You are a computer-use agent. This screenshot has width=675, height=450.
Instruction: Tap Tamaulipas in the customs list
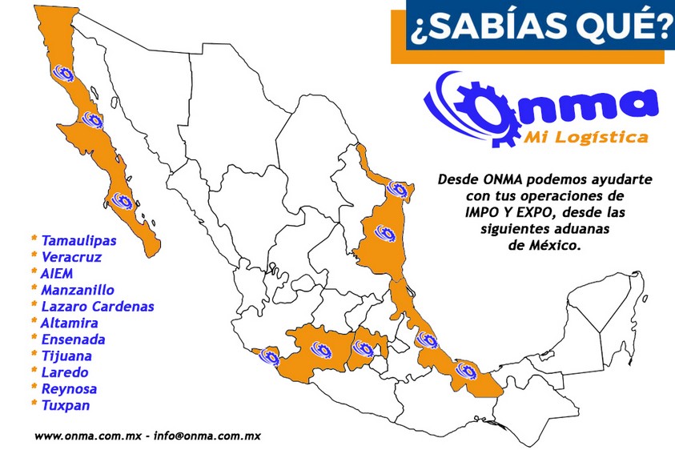coord(78,240)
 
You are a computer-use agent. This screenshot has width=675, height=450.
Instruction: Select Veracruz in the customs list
coord(71,257)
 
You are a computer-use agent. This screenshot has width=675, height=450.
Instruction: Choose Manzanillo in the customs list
coord(77,290)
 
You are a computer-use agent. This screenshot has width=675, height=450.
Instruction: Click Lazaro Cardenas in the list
coord(97,307)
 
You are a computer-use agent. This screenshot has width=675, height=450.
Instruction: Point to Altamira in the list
coord(70,323)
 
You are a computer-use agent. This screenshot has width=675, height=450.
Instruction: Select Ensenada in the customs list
coord(73,340)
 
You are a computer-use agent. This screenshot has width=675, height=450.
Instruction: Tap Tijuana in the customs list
coord(66,356)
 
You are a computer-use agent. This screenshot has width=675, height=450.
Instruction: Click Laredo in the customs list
coord(64,372)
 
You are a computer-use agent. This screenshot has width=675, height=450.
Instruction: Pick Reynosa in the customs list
coord(69,388)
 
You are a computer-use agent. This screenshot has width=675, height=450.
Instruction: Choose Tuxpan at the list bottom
coord(66,405)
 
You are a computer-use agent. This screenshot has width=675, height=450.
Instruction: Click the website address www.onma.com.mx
coord(88,437)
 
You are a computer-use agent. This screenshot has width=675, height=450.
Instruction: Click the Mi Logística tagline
coord(585,139)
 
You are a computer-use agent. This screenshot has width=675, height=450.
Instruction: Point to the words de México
coord(544,246)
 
